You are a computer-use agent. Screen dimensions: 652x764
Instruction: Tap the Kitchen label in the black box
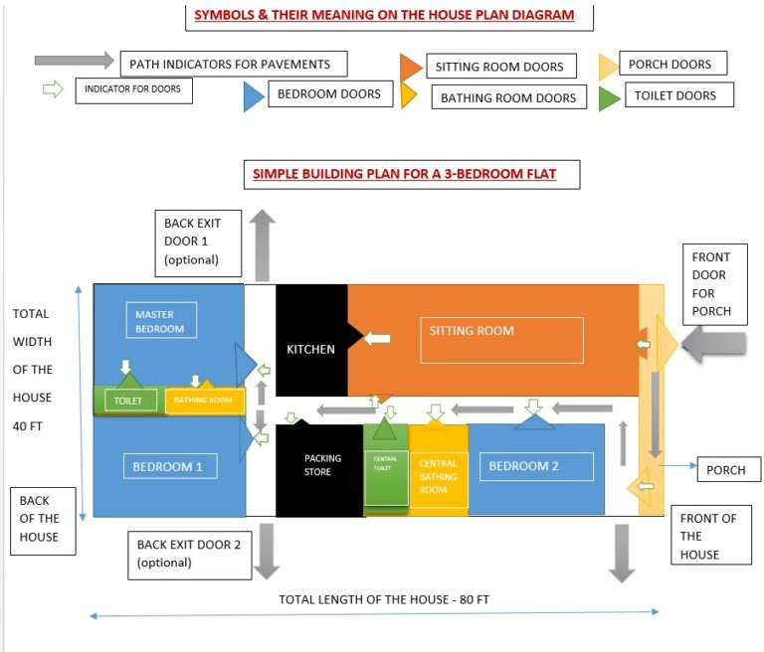click(x=310, y=349)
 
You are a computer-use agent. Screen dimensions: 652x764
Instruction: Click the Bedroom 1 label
click(x=168, y=465)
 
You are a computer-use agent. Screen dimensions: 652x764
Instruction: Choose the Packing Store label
click(x=322, y=465)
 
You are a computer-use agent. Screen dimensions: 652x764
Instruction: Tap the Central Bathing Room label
click(x=438, y=476)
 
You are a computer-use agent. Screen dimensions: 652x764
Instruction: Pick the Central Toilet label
click(x=384, y=463)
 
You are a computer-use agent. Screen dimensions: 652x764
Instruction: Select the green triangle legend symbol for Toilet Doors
click(x=609, y=97)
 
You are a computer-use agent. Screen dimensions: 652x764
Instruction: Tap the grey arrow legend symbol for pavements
click(x=74, y=61)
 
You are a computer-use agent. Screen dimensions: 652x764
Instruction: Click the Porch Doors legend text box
click(x=671, y=65)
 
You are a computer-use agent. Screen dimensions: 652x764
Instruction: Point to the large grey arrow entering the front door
click(x=717, y=345)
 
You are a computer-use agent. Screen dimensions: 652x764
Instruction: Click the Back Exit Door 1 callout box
click(x=200, y=242)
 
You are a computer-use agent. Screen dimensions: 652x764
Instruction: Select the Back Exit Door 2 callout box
click(x=189, y=554)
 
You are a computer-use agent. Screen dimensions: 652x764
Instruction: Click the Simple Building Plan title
click(x=403, y=174)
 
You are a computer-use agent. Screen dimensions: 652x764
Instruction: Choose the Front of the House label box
click(x=708, y=536)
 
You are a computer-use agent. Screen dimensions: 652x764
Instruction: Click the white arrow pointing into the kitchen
click(x=376, y=339)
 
